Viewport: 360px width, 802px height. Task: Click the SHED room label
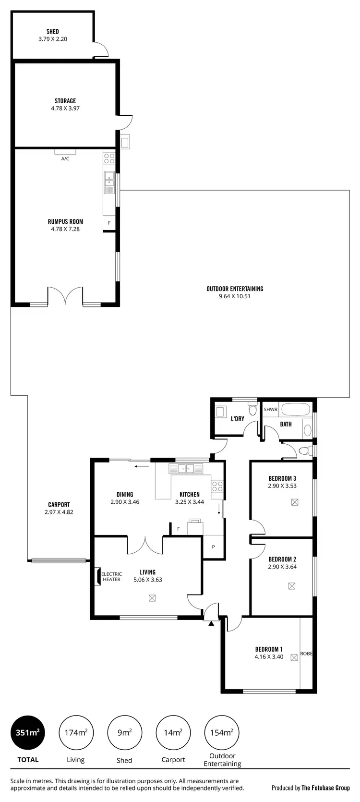point(53,32)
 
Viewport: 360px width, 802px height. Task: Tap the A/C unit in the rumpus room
point(65,152)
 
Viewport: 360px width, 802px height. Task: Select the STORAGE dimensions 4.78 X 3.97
point(65,109)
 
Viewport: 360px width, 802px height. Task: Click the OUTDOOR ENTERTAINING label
point(235,289)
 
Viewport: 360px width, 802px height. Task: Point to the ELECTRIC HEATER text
point(111,577)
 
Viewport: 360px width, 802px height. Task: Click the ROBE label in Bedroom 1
point(306,654)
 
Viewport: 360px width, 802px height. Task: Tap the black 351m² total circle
point(27,732)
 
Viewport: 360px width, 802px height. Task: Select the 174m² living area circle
point(76,732)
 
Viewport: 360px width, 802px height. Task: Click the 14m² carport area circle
point(173,732)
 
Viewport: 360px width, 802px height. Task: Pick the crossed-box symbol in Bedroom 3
point(294,502)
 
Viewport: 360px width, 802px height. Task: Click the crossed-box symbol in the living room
point(152,598)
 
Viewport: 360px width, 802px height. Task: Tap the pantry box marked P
point(214,547)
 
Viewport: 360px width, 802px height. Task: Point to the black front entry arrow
point(211,623)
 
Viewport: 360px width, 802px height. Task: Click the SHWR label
point(271,410)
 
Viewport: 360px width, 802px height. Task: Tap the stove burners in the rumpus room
point(109,158)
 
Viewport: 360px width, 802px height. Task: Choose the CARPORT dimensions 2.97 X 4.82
point(59,512)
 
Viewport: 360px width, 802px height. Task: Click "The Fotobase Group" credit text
point(325,788)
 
